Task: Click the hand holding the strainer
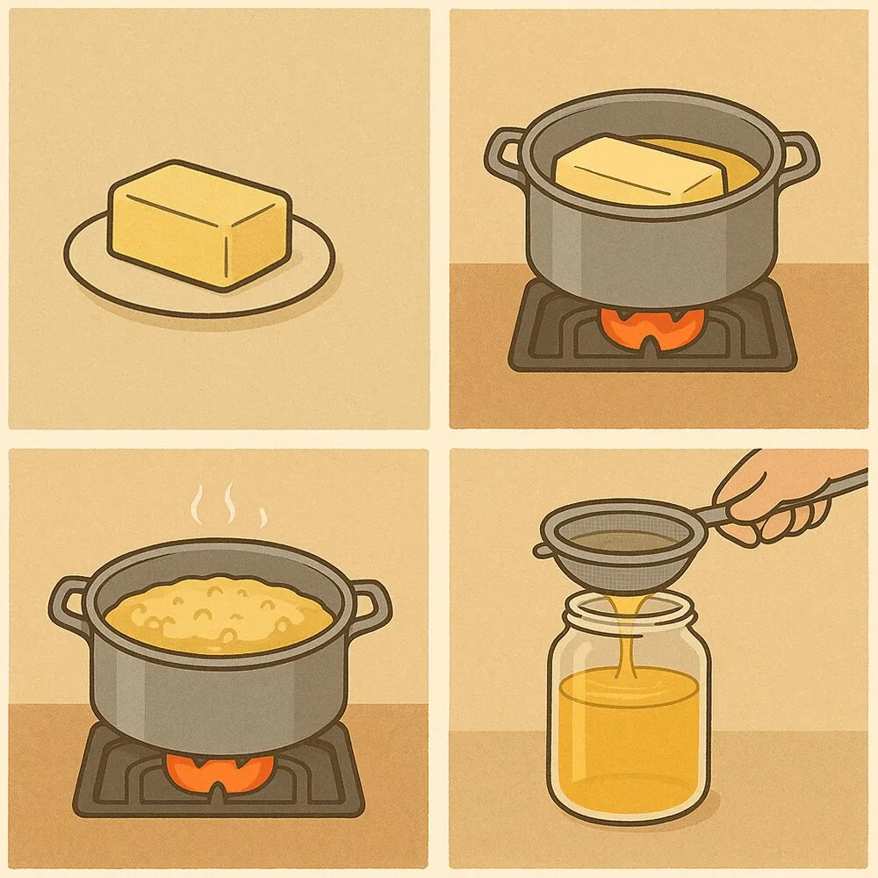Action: [773, 500]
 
